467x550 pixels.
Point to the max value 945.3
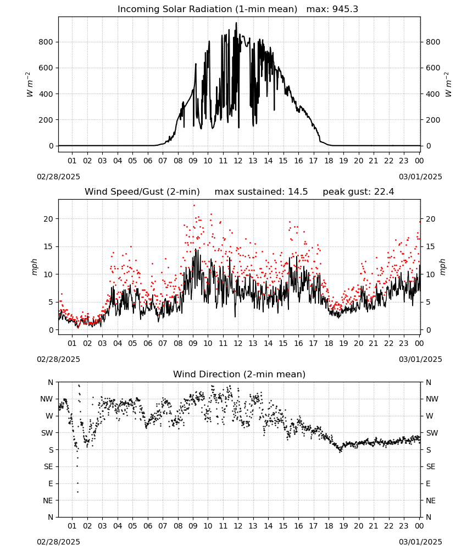pos(345,9)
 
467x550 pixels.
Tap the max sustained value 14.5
pos(298,192)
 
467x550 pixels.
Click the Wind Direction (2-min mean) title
pos(240,374)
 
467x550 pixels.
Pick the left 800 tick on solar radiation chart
pos(46,42)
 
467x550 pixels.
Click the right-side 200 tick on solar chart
pos(433,120)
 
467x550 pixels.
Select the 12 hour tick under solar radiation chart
pos(238,161)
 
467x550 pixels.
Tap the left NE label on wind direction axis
pos(48,501)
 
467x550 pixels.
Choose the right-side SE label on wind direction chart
pos(431,466)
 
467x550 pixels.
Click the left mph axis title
pos(34,267)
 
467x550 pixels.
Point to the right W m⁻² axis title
pos(448,85)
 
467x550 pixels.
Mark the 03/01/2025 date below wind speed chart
pos(420,359)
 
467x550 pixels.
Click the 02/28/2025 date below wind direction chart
pos(58,542)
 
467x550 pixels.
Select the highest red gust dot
pos(194,206)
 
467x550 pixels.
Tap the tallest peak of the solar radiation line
pos(236,23)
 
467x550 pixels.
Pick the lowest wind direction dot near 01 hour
pos(78,492)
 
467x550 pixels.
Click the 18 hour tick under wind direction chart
pos(329,526)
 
